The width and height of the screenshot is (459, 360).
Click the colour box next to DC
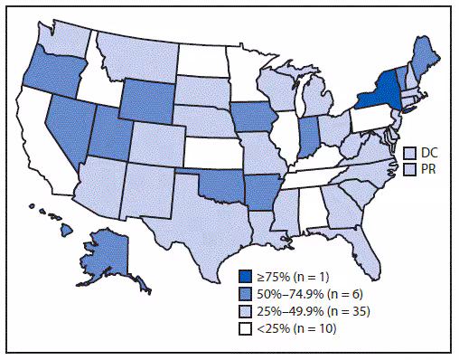(x=409, y=154)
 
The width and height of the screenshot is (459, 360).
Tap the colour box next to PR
(x=409, y=169)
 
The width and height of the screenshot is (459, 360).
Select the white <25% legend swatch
(x=246, y=328)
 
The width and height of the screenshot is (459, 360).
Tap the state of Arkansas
(x=261, y=185)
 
